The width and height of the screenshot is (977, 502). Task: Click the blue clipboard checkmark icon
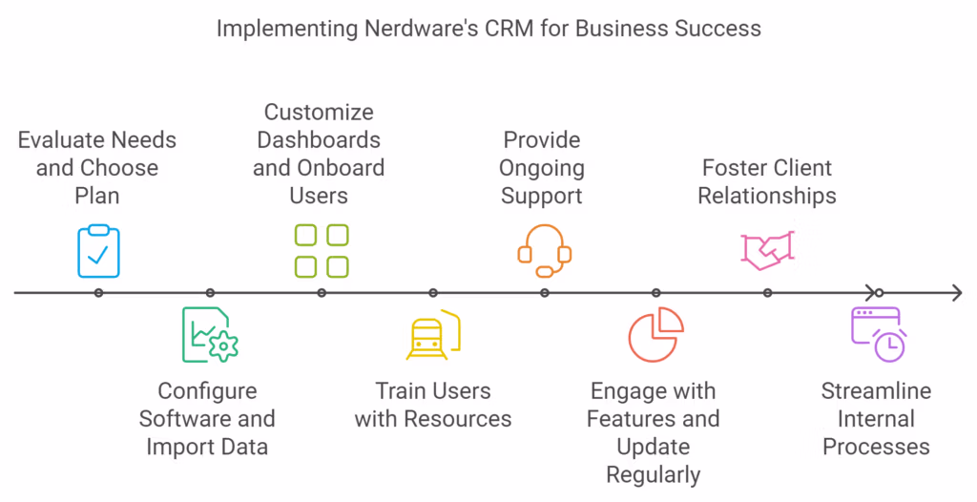98,250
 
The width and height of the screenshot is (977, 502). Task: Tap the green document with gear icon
210,335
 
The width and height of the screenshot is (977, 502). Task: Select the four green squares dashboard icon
322,250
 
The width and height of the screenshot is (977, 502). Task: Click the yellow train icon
432,336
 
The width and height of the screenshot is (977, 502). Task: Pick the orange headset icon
544,244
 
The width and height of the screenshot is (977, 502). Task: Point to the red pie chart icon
655,335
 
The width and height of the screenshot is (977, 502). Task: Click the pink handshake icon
767,248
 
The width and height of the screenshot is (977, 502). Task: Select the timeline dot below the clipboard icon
98,293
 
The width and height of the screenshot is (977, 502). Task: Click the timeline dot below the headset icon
544,293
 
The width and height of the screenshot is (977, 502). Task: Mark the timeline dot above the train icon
432,293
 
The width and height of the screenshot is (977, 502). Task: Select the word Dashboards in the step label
319,140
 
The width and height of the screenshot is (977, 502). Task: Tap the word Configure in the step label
207,391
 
